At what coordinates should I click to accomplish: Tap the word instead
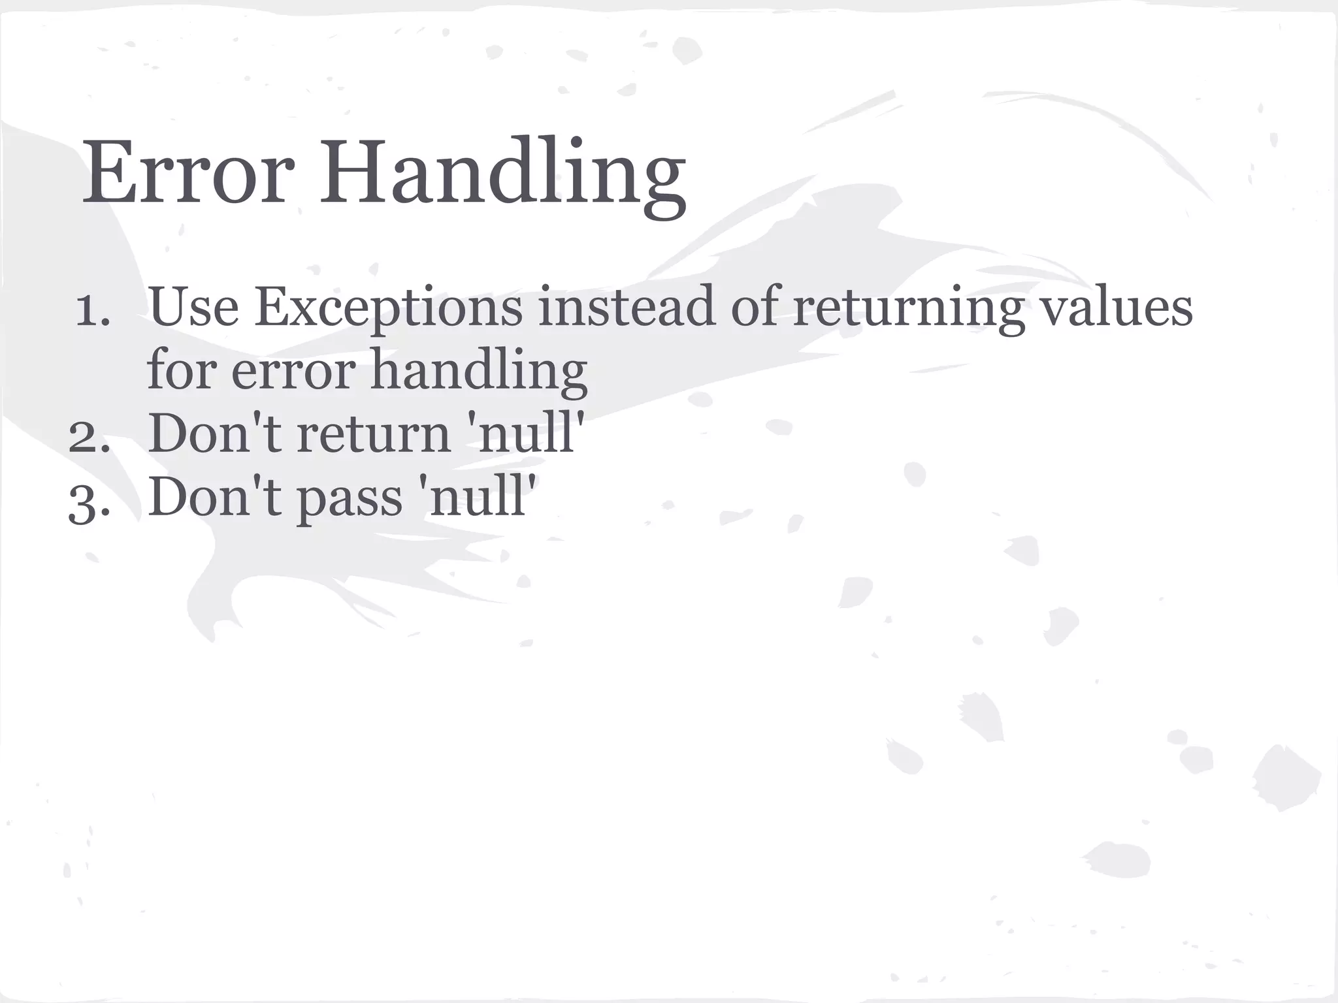tap(627, 307)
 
